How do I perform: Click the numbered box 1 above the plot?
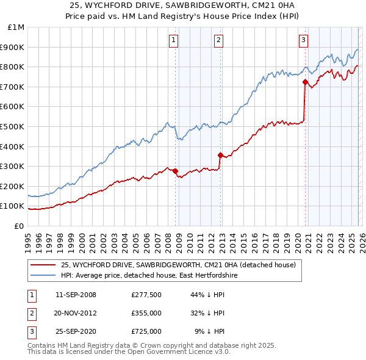[x=174, y=40]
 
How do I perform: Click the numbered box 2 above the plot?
[x=218, y=40]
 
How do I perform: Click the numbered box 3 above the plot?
[x=303, y=40]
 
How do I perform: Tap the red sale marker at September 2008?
[x=175, y=171]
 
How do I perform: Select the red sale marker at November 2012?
[x=220, y=155]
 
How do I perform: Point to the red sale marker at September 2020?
[x=305, y=81]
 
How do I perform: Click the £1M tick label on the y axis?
[x=16, y=27]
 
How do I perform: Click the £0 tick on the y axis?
[x=20, y=226]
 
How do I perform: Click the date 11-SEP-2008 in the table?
[x=76, y=295]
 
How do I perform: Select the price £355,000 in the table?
[x=146, y=313]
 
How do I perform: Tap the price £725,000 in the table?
[x=146, y=331]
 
